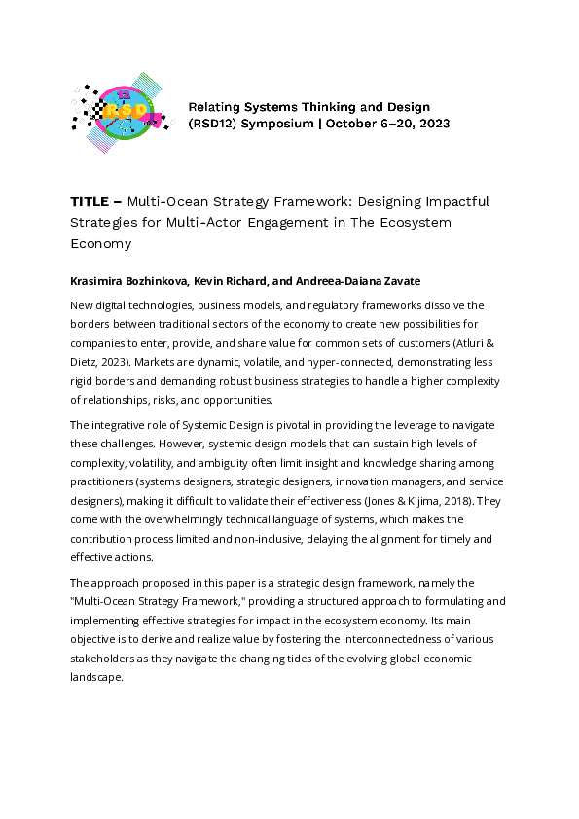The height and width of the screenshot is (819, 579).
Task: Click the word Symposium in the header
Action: [272, 125]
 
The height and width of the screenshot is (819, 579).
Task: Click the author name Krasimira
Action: [100, 281]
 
